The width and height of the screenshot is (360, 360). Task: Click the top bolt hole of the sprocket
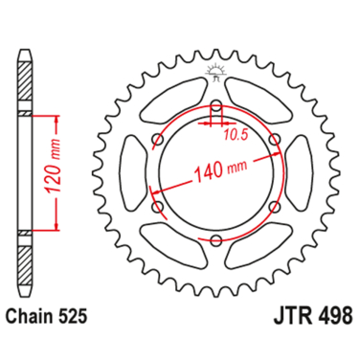tap(216, 109)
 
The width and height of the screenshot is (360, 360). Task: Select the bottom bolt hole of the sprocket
tap(216, 238)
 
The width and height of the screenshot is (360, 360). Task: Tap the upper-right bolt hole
tap(274, 142)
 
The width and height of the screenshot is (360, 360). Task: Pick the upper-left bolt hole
tap(159, 142)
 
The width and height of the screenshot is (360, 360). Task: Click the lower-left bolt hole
tap(159, 206)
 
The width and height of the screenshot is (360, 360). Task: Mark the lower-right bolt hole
tap(274, 206)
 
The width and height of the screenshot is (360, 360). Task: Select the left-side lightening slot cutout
tap(133, 173)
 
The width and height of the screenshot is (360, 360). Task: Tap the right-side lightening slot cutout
tap(300, 173)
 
